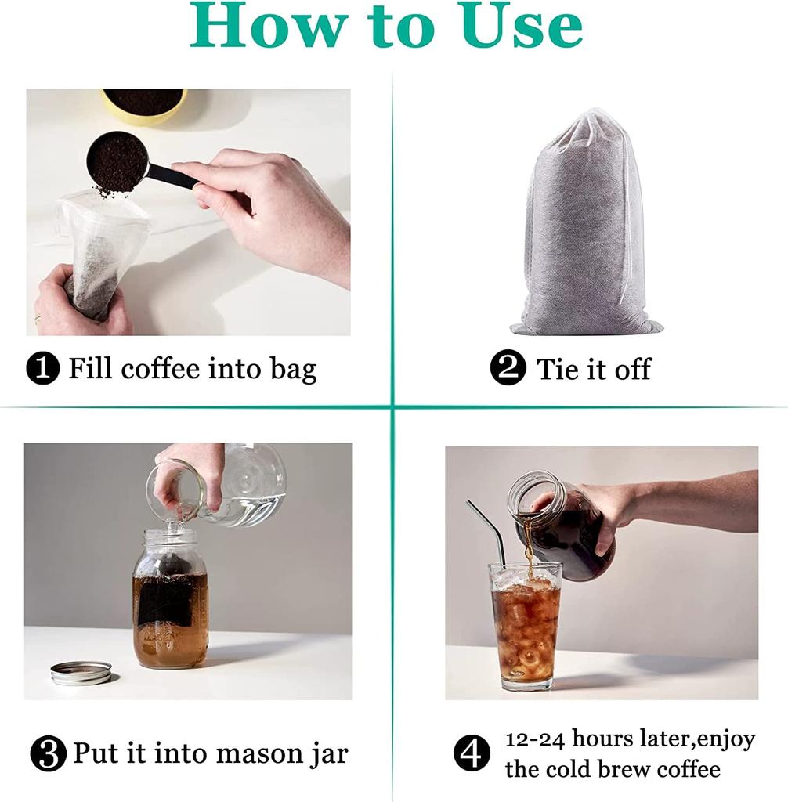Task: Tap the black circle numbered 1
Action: pos(43,368)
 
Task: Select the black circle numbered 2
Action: pos(508,368)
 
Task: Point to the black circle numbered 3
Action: pos(48,754)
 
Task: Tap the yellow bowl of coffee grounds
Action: pos(144,104)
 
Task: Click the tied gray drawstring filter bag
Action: pos(586,227)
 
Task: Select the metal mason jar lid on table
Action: pos(81,672)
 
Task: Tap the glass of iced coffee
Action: pos(526,627)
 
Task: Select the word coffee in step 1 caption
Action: pos(157,368)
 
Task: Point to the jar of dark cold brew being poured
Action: pos(564,525)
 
